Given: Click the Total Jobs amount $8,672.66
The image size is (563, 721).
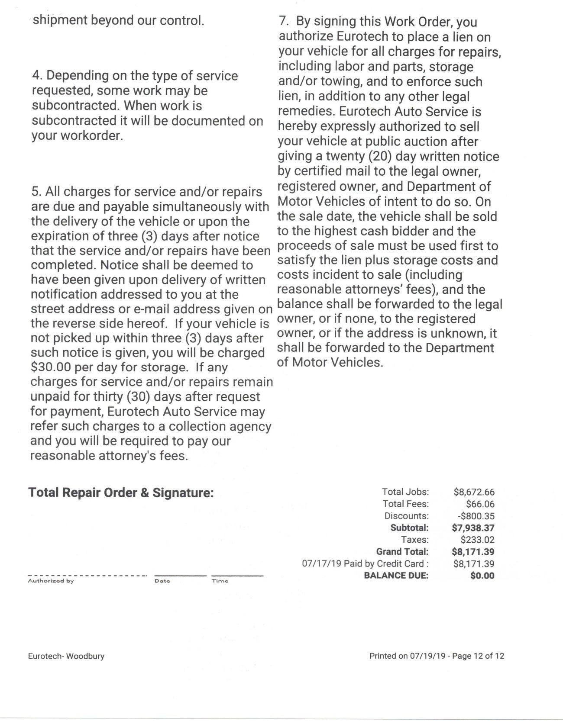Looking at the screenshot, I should pos(474,492).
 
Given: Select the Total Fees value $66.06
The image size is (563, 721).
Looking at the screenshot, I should pos(480,504).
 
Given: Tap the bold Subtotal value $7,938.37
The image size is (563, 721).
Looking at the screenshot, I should pos(473,528).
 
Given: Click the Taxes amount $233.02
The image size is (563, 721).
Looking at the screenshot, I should pos(477,540).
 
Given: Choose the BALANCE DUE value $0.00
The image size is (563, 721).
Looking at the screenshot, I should pos(482,576).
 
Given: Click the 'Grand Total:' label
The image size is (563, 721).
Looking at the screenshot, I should pos(402,552).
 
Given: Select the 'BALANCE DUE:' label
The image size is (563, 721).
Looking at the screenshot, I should pos(396,576).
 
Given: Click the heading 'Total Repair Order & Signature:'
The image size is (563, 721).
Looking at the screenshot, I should pos(121,493).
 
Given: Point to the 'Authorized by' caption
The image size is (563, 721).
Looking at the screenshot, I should pos(51,581).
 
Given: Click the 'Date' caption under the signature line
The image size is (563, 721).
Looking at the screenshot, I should pos(162,581).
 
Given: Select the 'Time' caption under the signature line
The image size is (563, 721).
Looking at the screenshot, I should pos(220,581).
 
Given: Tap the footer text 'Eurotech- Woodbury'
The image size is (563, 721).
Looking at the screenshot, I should pos(66,656).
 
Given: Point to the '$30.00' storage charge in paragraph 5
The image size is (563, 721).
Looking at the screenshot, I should pos(51,367).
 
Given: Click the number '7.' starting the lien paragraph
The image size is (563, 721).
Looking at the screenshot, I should pos(284,22).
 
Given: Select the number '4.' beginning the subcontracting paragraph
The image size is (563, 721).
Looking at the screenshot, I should pos(37,76).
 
